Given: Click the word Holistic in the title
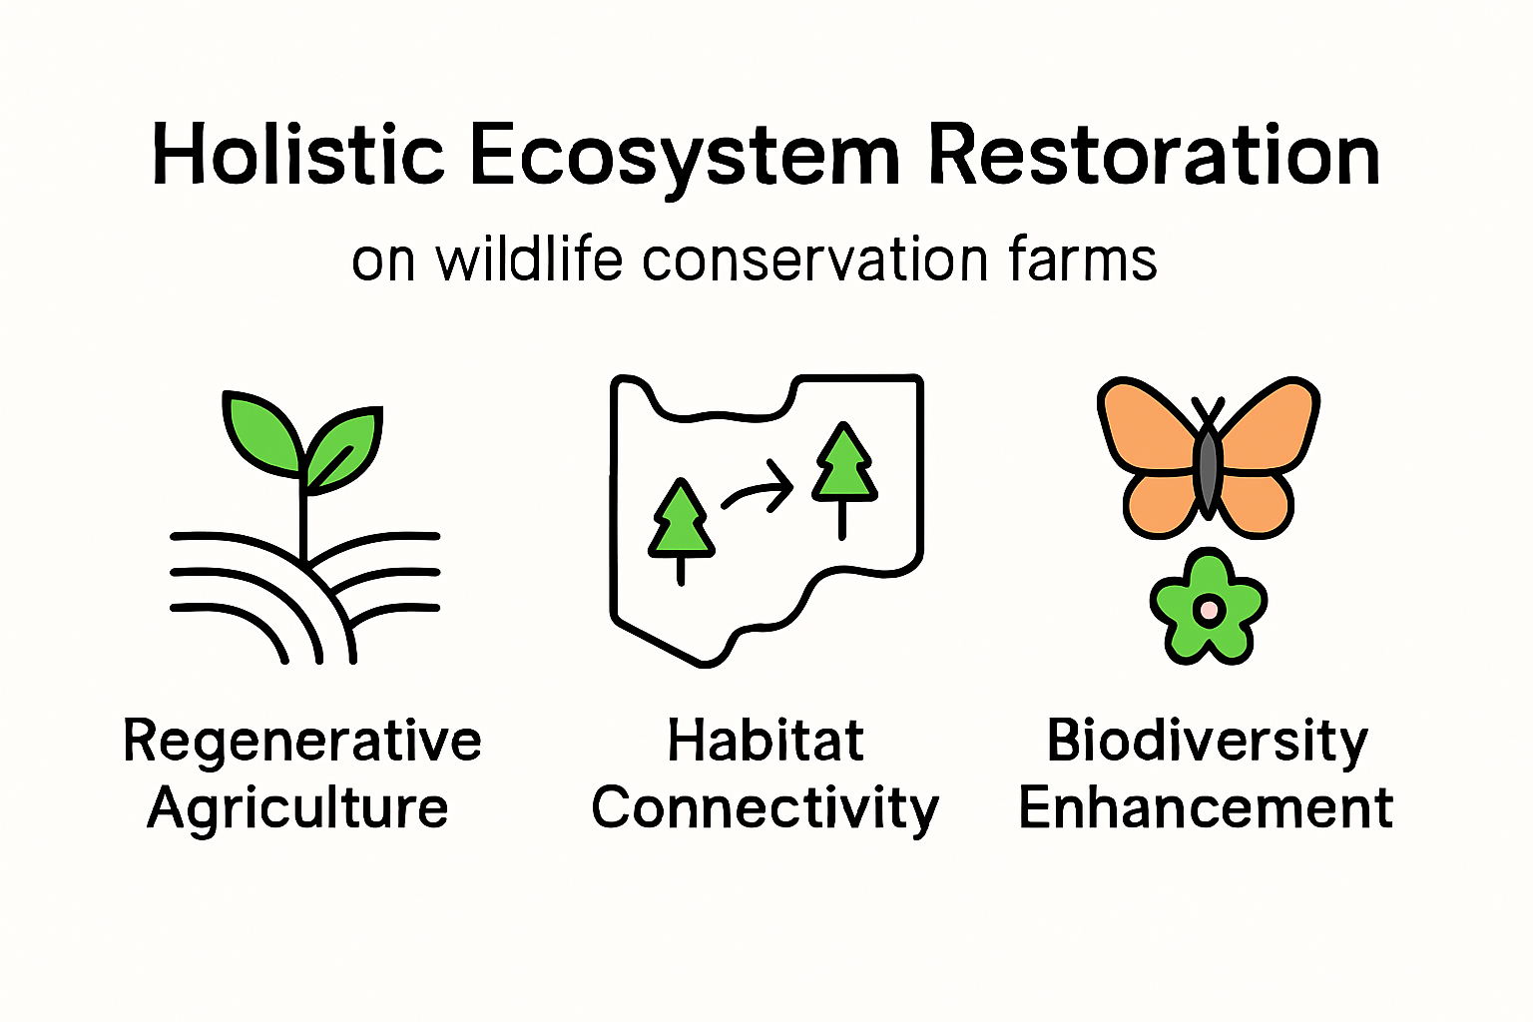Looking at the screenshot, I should click(297, 156).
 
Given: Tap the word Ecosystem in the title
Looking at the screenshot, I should click(685, 158).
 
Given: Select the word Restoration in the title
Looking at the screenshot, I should click(1154, 156).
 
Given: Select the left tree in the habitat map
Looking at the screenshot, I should click(682, 523).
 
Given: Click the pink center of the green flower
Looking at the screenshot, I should click(1209, 608).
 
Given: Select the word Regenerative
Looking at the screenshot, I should click(302, 742).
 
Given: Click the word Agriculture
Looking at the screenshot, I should click(297, 807).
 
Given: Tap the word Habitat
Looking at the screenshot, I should click(766, 742).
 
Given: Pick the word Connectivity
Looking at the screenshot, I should click(766, 808).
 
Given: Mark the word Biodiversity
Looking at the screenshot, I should click(1207, 742).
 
